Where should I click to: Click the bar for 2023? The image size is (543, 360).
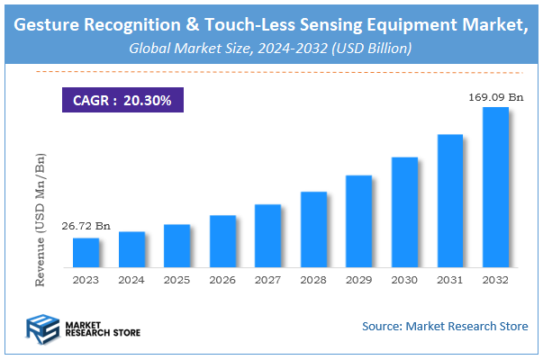(x=86, y=253)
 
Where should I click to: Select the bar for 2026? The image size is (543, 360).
(x=222, y=241)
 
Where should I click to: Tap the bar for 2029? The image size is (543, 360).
(x=358, y=221)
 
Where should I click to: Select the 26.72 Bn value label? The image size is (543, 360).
(x=86, y=227)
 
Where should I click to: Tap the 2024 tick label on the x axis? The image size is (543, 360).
(x=131, y=281)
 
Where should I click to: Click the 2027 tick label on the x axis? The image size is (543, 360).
(x=267, y=281)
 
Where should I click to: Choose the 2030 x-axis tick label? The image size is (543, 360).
(x=404, y=281)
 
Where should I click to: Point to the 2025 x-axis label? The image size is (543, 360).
(x=176, y=281)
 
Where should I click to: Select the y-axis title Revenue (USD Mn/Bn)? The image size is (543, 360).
(x=40, y=220)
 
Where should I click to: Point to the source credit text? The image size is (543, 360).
(x=445, y=326)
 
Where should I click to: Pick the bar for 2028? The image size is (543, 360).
(x=313, y=229)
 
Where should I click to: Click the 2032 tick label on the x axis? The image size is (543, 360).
(x=495, y=281)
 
